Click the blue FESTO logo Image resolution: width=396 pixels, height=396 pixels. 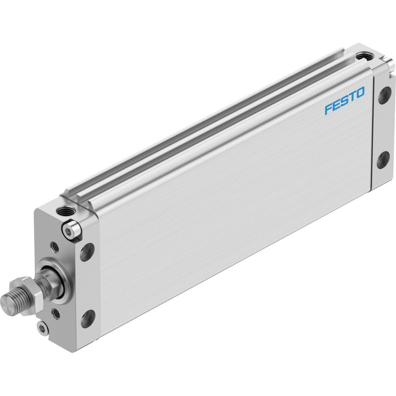tap(345, 100)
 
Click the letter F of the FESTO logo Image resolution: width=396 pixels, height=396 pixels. tap(329, 109)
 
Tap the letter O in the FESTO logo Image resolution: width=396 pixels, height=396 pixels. tap(360, 93)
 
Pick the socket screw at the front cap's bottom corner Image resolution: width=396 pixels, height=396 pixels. tap(42, 328)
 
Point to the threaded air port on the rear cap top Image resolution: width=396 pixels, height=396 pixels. tap(363, 56)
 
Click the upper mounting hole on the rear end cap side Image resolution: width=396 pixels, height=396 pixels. tap(385, 95)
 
